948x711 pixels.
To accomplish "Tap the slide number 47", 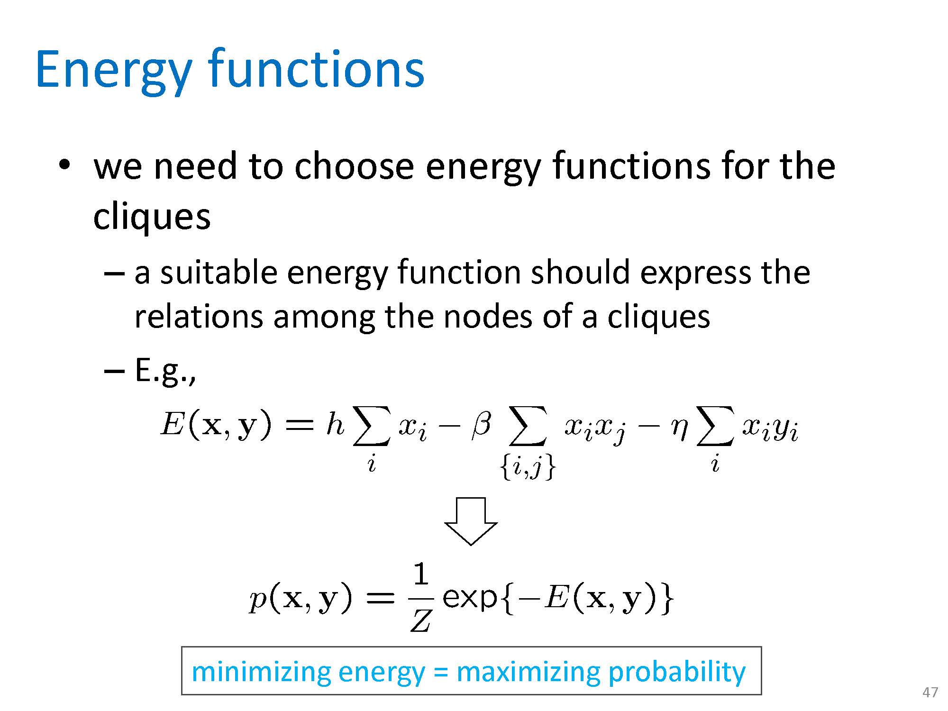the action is [930, 693].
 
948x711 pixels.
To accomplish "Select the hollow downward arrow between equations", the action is [471, 521].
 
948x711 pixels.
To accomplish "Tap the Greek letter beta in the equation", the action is [481, 424].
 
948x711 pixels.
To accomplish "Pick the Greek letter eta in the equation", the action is [679, 429].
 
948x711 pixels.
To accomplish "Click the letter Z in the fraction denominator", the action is [420, 620].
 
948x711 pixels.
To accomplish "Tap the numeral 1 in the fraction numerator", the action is [420, 575].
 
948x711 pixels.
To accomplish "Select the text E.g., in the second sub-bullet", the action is [165, 371].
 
